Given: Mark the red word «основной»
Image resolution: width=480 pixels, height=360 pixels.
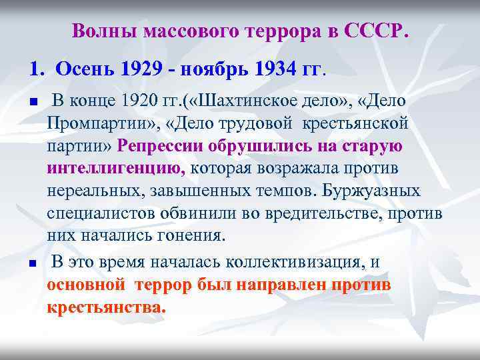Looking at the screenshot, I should click(x=86, y=285).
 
